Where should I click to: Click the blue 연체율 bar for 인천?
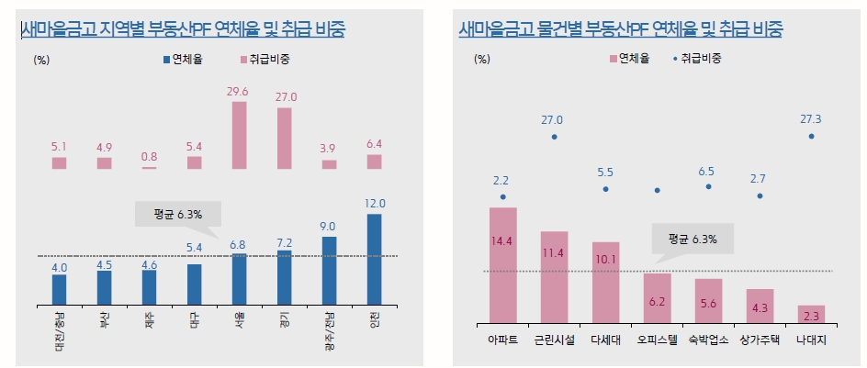(375, 260)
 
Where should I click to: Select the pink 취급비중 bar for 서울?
(239, 136)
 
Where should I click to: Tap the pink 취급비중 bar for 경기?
(284, 139)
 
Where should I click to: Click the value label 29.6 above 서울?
(239, 91)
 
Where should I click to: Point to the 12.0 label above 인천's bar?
(375, 204)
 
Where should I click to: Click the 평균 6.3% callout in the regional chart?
(178, 213)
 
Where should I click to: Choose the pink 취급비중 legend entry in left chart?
(265, 60)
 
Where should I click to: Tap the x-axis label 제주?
(149, 322)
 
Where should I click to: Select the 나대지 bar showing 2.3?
(811, 313)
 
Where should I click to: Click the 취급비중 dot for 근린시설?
(554, 137)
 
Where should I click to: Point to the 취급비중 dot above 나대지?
(811, 136)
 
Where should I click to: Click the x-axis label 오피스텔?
(657, 339)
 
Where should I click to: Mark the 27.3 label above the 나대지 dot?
(811, 119)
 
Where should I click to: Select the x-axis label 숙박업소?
(708, 339)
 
